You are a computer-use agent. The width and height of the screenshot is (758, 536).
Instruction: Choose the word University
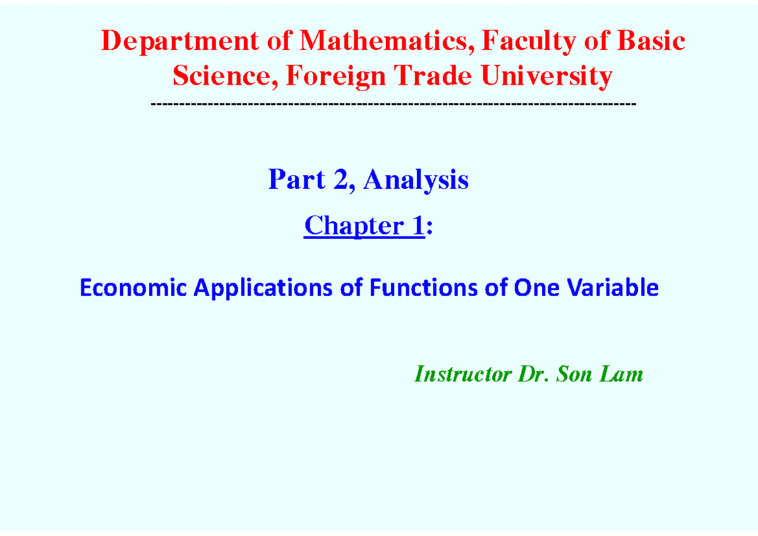[546, 77]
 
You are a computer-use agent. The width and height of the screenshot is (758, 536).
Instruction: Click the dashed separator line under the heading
[394, 103]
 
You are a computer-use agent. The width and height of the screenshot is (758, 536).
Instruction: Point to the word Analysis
[416, 180]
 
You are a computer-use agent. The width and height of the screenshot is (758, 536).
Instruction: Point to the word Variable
[615, 288]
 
